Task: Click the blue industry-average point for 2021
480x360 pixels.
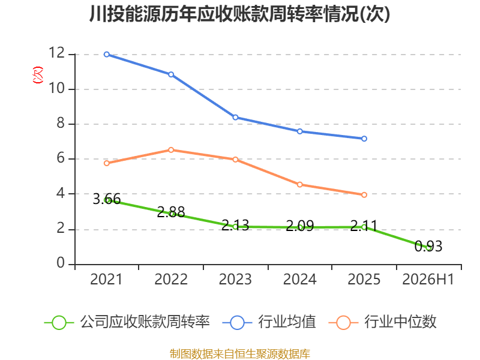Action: point(107,55)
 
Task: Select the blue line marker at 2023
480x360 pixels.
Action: point(235,117)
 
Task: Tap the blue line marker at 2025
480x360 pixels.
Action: point(364,139)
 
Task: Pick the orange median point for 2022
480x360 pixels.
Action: point(171,149)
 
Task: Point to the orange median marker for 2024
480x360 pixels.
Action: point(299,185)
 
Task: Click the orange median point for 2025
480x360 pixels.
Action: point(364,194)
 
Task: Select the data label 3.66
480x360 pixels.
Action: point(107,199)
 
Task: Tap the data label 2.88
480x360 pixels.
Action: point(171,212)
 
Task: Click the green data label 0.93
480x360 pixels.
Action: point(428,247)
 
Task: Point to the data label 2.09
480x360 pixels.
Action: point(299,226)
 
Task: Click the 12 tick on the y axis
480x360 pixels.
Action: point(56,53)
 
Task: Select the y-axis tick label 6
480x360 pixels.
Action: point(61,158)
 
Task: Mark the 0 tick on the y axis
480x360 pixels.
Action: point(61,263)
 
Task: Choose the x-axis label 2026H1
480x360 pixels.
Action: point(428,280)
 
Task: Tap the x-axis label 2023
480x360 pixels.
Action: point(235,280)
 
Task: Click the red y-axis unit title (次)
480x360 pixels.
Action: point(38,75)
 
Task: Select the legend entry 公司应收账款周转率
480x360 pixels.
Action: point(127,322)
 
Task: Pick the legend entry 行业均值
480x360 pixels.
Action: point(269,322)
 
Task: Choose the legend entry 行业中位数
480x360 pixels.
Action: point(382,322)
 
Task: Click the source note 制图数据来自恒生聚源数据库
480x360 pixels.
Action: point(240,354)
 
